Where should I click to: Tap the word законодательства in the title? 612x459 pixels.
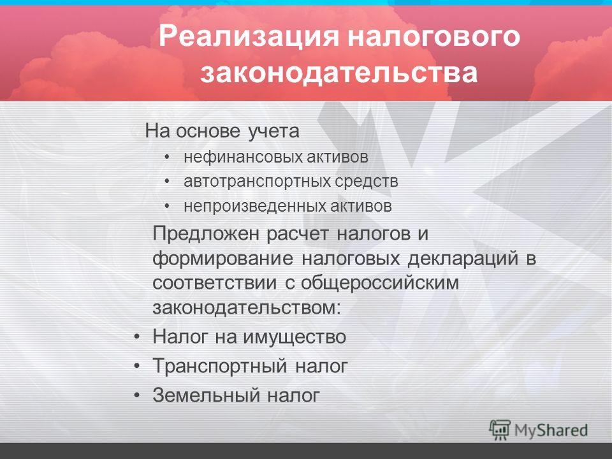click(339, 72)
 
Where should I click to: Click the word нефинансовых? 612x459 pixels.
click(243, 157)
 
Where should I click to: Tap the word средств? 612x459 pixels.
click(366, 182)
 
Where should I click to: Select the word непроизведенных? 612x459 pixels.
click(255, 206)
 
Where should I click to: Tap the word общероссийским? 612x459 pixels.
click(380, 284)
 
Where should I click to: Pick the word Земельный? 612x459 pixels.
click(206, 395)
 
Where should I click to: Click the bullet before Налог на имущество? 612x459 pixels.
click(136, 337)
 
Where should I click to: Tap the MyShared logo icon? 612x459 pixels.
click(500, 430)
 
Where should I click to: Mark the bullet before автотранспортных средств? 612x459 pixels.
click(167, 182)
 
